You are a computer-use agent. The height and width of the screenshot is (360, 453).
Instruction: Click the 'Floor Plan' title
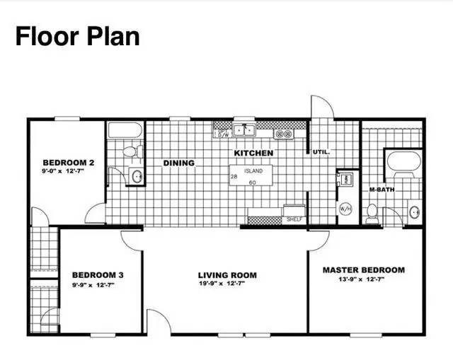[77, 36]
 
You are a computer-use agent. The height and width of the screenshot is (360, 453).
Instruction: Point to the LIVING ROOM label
[226, 275]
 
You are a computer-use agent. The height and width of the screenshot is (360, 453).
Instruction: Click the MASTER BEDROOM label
[364, 269]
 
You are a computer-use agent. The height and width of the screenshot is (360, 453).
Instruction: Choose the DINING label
[179, 163]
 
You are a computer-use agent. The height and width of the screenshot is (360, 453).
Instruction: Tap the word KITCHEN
[253, 152]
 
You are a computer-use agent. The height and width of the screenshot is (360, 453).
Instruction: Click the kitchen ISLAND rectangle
[253, 176]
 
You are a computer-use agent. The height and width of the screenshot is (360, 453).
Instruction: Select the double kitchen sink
[245, 129]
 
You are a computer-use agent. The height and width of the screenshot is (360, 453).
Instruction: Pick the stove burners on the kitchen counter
[284, 133]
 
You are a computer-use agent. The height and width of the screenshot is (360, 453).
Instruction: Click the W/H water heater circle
[346, 209]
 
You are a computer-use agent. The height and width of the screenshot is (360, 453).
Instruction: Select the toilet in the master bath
[372, 211]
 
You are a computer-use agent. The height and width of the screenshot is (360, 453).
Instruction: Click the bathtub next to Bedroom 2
[125, 130]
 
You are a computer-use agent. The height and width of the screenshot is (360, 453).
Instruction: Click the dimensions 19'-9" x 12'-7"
[226, 284]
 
